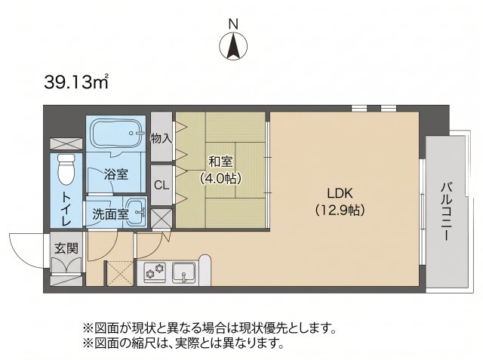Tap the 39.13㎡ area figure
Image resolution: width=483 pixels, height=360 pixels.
[76, 82]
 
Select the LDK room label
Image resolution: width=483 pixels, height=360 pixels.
[340, 193]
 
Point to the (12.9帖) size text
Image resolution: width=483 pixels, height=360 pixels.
[340, 210]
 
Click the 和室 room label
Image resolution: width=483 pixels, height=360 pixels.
[221, 162]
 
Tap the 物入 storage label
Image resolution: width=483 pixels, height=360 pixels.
[161, 138]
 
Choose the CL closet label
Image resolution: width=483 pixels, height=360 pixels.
[162, 186]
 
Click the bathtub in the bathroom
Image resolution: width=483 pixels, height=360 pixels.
[115, 134]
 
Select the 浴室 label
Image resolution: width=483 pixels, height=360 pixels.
[115, 174]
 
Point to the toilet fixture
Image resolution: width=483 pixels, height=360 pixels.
[66, 169]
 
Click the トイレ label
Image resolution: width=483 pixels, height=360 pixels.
[67, 209]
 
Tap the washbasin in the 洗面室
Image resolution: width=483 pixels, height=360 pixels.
[136, 211]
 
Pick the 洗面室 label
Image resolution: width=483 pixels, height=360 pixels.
[111, 214]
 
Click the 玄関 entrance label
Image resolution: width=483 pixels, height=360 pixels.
[66, 248]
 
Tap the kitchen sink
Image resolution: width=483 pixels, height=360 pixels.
[183, 272]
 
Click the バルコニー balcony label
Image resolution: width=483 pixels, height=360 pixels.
[447, 212]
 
